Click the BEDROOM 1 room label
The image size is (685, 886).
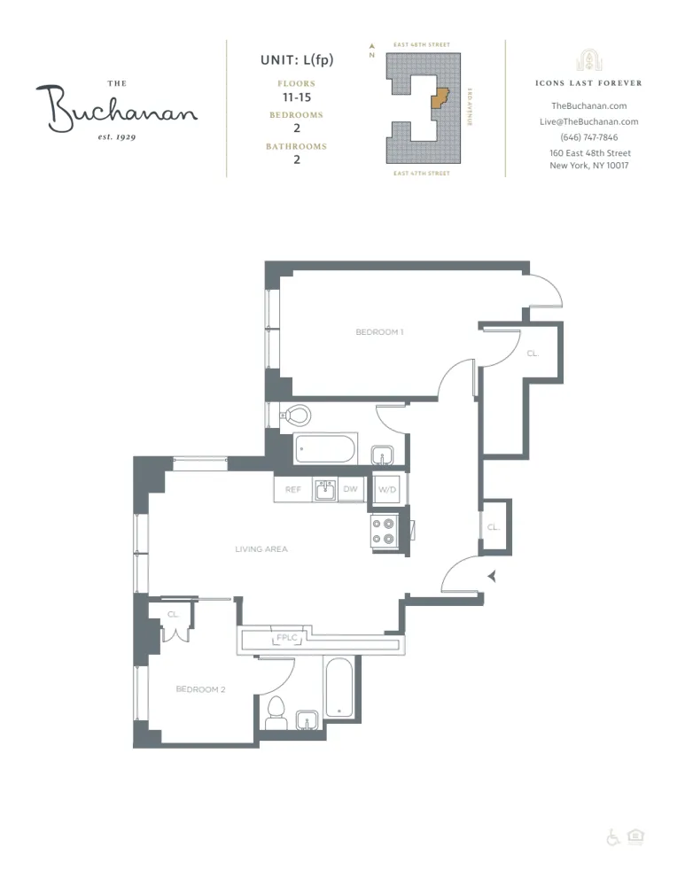coord(379,332)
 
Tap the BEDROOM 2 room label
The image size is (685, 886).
coord(200,689)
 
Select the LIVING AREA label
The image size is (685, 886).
coord(261,549)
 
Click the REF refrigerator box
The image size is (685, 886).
coord(292,490)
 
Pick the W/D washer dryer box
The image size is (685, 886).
coord(386,490)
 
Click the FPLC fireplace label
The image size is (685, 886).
coord(287,638)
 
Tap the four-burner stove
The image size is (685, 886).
coord(384,530)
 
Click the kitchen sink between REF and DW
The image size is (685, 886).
coord(324,490)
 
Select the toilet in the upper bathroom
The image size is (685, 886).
coord(296,414)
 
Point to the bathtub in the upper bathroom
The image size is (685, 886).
coord(325,448)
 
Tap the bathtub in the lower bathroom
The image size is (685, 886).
coord(339,688)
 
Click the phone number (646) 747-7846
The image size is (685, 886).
coord(588,137)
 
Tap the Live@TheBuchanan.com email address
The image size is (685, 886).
coord(588,122)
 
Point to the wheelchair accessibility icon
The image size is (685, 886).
coord(612,837)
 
